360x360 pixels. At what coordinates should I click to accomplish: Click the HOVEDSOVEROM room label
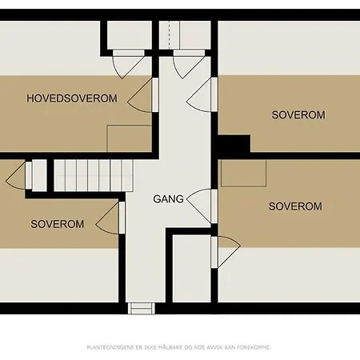72,98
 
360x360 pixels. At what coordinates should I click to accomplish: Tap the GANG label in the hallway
168,199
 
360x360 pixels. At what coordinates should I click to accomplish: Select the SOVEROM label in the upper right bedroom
298,115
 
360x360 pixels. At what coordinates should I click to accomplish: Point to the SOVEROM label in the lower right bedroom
295,206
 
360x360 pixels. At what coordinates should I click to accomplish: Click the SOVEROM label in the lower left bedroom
58,224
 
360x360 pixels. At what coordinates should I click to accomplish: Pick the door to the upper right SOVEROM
202,94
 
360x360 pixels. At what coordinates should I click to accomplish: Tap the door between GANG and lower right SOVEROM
202,206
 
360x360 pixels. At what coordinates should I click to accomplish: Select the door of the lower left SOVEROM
110,218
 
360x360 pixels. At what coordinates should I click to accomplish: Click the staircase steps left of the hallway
94,175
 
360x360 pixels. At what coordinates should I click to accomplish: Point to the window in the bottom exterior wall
142,308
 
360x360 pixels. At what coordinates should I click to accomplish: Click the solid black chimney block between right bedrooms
234,144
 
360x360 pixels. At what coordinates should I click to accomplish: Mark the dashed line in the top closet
169,35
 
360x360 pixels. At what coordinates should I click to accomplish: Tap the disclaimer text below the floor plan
179,347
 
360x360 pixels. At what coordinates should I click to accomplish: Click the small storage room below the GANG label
192,269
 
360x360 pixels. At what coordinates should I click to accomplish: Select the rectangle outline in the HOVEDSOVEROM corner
130,138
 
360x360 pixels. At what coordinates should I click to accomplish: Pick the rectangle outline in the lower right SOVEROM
243,173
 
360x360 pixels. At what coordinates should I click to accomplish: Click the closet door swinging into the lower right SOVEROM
226,252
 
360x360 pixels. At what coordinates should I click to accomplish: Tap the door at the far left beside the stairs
18,175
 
